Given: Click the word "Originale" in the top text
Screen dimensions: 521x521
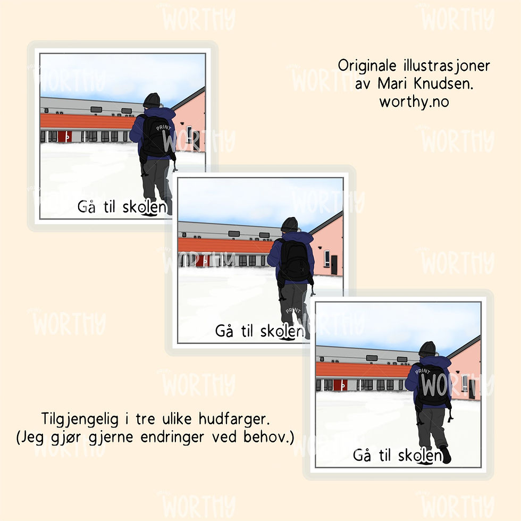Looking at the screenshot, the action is pos(367,66).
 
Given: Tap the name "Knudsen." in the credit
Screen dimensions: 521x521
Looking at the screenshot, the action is pos(443,83).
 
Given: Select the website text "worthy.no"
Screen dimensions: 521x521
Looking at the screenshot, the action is pos(414,102).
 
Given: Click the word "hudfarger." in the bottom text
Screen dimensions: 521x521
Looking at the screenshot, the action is pos(234,419).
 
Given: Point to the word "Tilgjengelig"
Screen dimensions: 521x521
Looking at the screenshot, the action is pos(80,419).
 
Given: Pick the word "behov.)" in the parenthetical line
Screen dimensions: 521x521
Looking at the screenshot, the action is pos(269,437).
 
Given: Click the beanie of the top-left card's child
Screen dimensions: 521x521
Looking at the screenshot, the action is pos(152,100).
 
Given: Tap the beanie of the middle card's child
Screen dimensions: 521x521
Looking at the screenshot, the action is pos(289,224).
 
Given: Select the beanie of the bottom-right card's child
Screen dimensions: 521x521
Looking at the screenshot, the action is pos(427,349).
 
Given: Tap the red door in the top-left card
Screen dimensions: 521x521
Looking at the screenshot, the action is pos(65,136).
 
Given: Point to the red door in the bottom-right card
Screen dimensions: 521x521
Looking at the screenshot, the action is pos(340,385).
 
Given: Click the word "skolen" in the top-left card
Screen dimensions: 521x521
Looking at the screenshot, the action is pos(145,207).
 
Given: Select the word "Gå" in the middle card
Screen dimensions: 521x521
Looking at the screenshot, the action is pos(224,331).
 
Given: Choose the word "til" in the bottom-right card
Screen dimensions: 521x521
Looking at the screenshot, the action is pos(385,455).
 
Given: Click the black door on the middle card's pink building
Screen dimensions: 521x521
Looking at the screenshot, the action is pos(334,265).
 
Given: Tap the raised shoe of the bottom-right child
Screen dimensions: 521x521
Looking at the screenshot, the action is pos(446,454).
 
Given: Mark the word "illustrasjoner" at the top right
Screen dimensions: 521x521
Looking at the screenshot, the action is pos(447,66).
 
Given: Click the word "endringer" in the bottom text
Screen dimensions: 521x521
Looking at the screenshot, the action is pos(172,437).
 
